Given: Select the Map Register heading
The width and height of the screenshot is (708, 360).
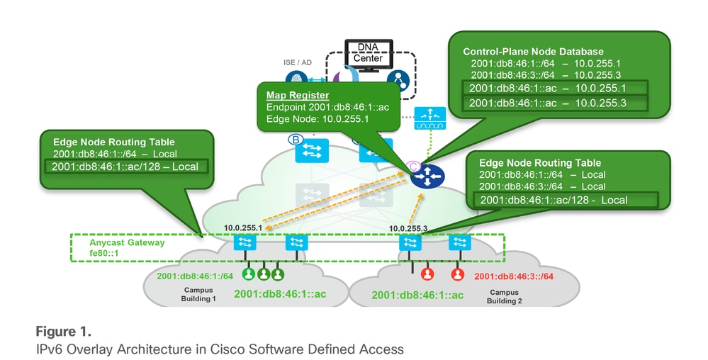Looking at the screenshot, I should (297, 95).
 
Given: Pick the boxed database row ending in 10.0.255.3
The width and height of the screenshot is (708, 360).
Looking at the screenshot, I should (554, 103).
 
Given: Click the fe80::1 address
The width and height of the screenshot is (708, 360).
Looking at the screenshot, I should (103, 253).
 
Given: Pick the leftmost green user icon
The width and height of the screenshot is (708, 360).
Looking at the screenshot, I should (249, 274).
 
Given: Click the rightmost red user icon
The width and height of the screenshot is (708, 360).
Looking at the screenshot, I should (458, 274).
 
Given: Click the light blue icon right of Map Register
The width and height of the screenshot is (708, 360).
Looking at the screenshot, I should (430, 118).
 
